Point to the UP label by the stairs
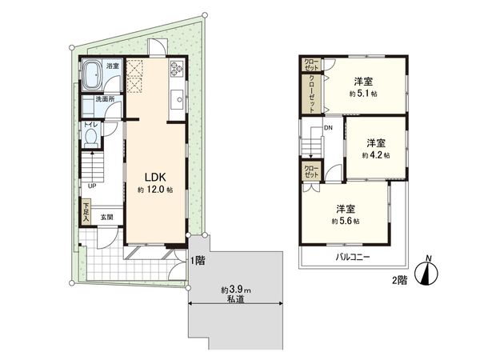93,187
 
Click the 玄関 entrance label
106,216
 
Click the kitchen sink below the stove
174,100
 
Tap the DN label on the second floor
328,129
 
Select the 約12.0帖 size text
154,190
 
